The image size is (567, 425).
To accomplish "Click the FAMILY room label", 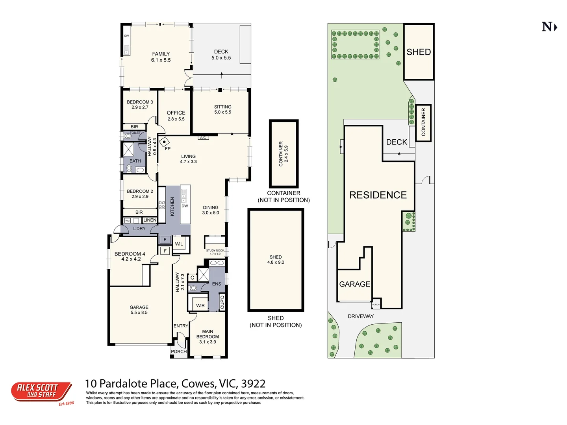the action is [x=161, y=54].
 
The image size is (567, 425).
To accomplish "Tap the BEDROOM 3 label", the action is [x=140, y=102].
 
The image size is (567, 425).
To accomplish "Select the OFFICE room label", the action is [x=176, y=113].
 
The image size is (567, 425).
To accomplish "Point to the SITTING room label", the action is [x=223, y=107].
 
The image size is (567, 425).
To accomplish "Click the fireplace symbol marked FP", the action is [x=165, y=141].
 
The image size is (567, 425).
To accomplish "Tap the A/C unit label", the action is [x=203, y=138].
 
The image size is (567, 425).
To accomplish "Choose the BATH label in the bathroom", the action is [x=135, y=161].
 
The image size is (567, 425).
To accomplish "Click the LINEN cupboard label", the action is [x=150, y=220].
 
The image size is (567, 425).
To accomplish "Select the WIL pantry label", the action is [x=179, y=244].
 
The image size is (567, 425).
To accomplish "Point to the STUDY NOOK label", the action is [x=215, y=251].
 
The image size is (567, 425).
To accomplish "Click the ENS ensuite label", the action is [x=217, y=284].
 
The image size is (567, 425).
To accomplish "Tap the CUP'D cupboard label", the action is [x=222, y=302].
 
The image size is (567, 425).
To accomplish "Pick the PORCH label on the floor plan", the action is [x=179, y=351].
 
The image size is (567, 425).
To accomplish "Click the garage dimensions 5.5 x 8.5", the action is [x=139, y=312].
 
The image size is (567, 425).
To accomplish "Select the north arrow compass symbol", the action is [x=549, y=27].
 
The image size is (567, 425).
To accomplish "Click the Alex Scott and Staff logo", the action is [x=41, y=392].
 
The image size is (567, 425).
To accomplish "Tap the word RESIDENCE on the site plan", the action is [x=378, y=195].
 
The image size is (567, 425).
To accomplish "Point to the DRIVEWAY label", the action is [x=361, y=316].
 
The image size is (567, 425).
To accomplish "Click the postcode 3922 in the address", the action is [x=253, y=383].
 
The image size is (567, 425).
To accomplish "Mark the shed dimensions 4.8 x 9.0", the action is [x=276, y=262].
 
